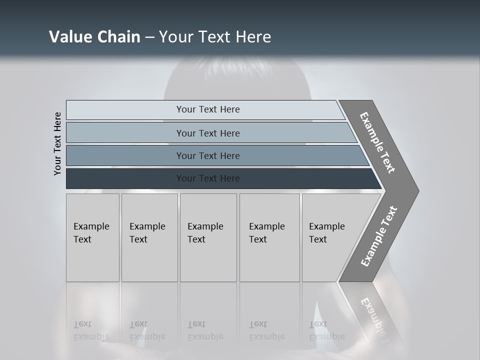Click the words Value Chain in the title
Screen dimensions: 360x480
(94, 37)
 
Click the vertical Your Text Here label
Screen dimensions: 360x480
(57, 143)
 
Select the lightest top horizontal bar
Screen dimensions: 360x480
(125, 110)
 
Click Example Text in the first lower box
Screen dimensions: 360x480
(91, 232)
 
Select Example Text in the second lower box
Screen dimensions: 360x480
(147, 232)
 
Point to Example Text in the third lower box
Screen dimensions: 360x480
(205, 232)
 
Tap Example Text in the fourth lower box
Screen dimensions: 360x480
(266, 232)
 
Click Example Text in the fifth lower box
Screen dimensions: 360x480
(326, 232)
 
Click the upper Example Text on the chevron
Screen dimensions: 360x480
(377, 142)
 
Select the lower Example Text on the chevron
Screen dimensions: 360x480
(378, 236)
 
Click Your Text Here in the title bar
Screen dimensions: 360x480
(215, 37)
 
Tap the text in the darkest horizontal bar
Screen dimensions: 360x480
(208, 178)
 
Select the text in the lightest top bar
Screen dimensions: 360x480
(208, 109)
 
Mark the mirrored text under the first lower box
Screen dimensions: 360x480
(91, 330)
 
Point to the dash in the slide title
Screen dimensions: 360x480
(149, 37)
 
